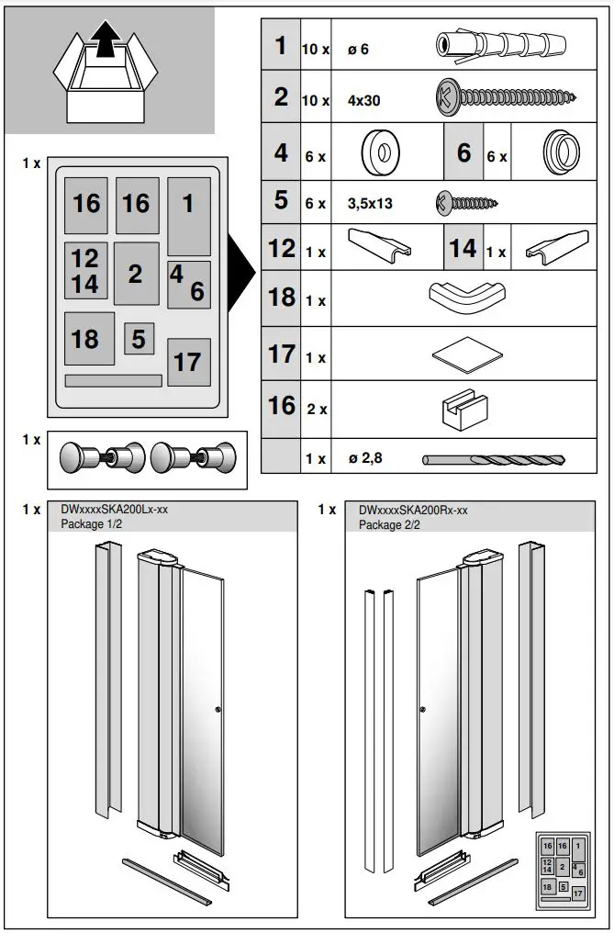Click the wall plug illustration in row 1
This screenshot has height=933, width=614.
tap(499, 44)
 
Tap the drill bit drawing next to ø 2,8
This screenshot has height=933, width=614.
tap(494, 459)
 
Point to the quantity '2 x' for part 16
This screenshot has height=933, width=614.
tap(317, 410)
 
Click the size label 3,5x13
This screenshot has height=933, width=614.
tap(370, 204)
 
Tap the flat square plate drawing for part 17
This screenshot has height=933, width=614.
tap(466, 354)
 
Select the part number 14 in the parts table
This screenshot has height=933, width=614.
tap(463, 249)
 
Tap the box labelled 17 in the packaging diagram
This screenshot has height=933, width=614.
tap(188, 362)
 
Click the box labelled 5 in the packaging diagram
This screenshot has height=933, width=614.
tap(139, 339)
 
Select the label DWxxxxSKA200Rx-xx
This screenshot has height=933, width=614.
tap(413, 511)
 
